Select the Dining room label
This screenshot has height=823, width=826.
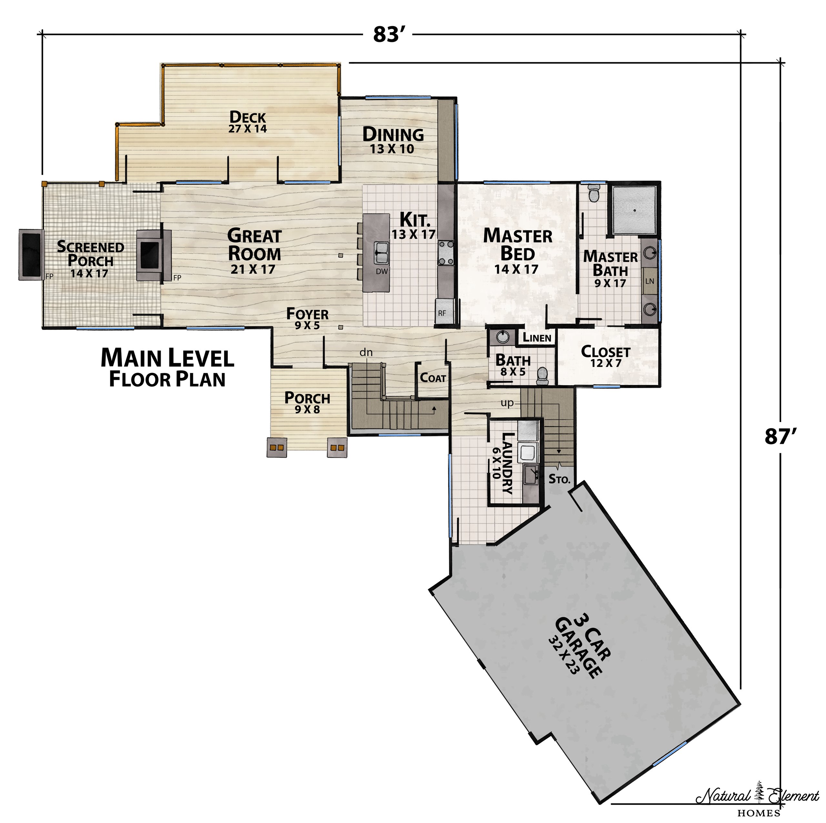point(393,135)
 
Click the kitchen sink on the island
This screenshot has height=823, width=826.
point(381,253)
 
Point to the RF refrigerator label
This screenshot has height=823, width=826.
point(442,313)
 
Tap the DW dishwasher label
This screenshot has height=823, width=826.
point(381,271)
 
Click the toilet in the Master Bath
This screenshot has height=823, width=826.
point(594,194)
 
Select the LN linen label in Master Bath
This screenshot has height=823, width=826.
point(650,281)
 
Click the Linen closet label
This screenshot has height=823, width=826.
point(537,337)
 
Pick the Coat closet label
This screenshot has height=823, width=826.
point(433,378)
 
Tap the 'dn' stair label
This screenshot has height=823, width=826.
point(366,352)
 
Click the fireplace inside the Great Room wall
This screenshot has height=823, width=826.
point(150,255)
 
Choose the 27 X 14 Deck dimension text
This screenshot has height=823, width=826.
point(247,129)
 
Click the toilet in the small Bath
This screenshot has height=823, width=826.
point(542,375)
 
